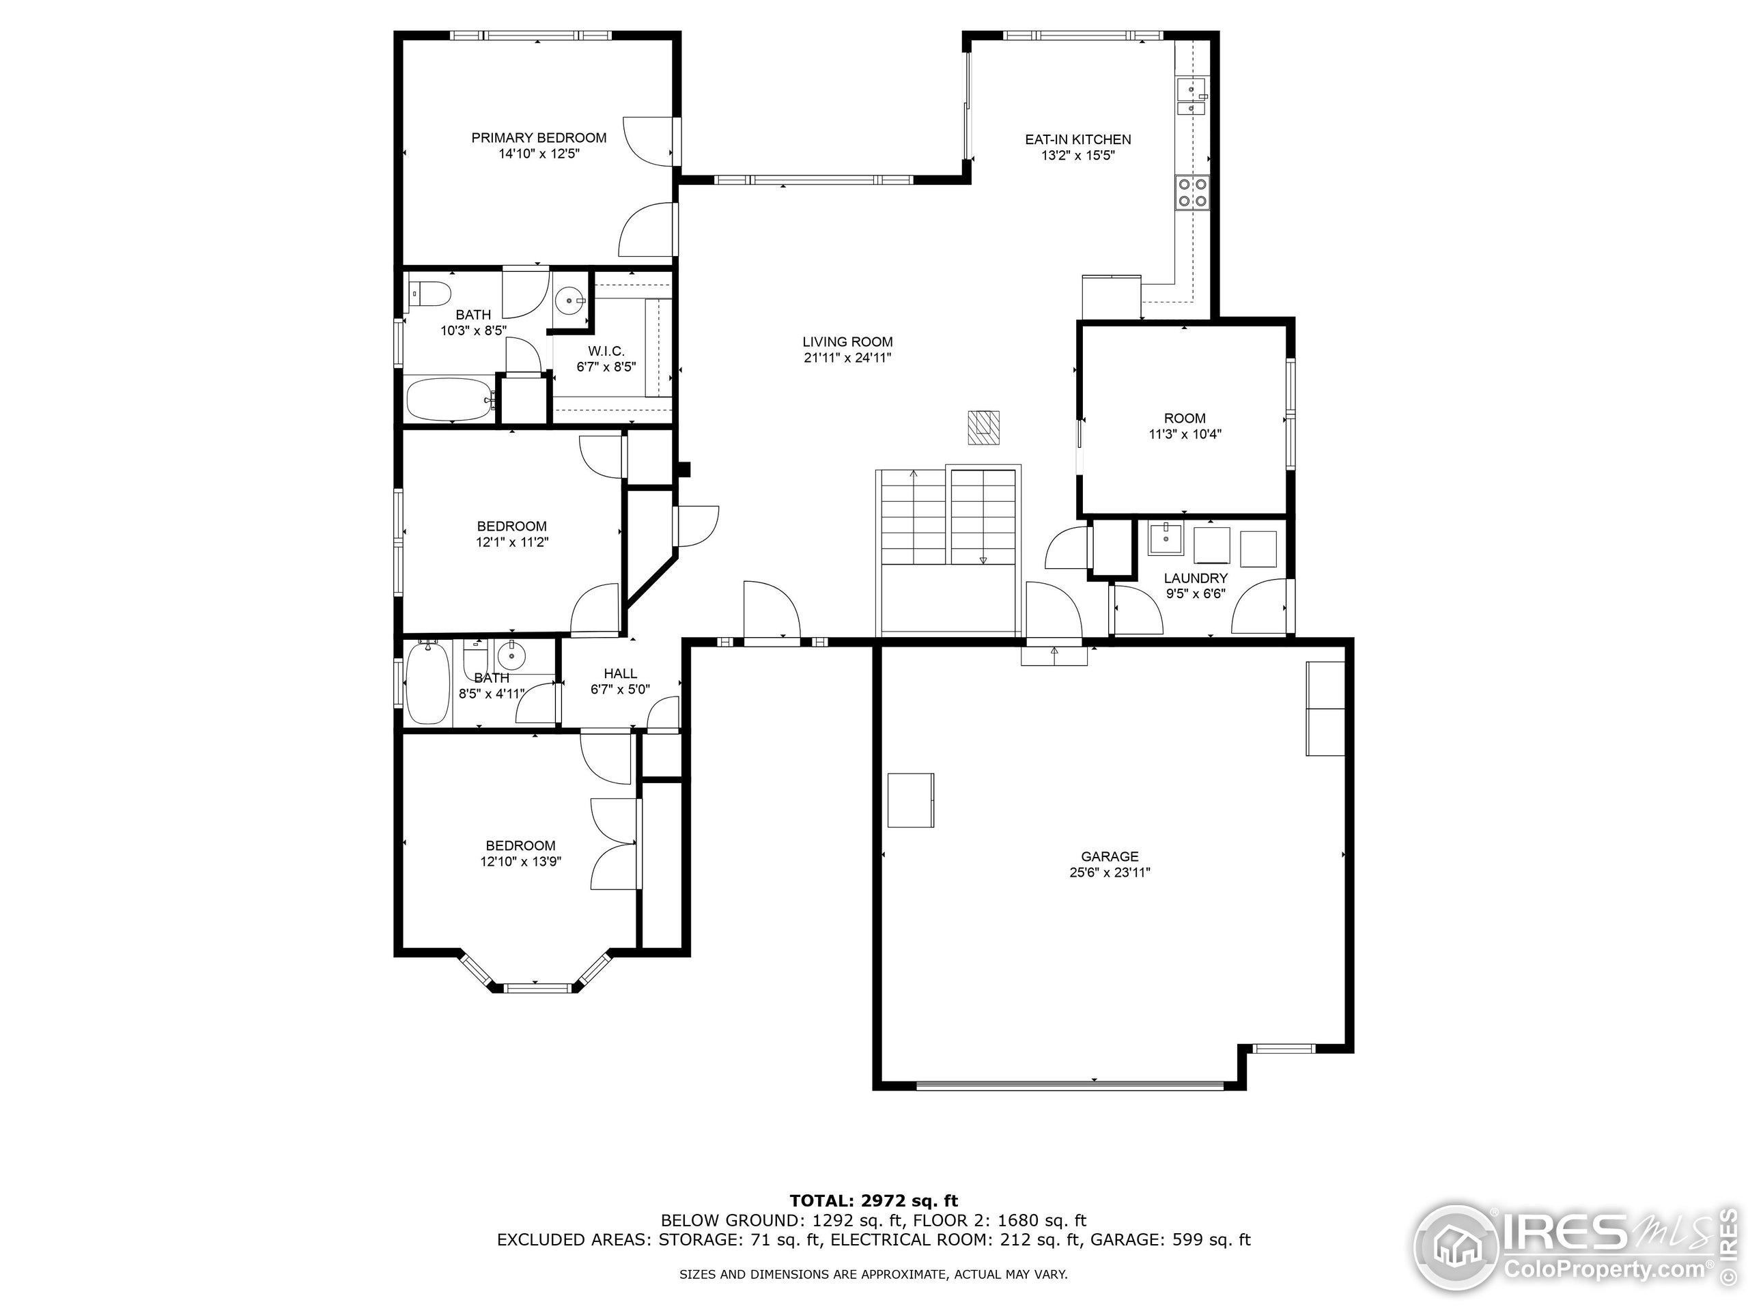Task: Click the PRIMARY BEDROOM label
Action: tap(538, 137)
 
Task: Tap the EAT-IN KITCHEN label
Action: tap(1078, 139)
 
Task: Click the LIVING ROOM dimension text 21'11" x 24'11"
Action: tap(847, 358)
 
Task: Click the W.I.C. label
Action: tap(606, 351)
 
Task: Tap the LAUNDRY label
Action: tap(1195, 578)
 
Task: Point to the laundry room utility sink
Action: tap(1166, 539)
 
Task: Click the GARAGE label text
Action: tap(1110, 856)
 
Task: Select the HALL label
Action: tap(620, 673)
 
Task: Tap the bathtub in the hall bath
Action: tap(427, 683)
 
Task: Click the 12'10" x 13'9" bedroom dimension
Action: tap(521, 861)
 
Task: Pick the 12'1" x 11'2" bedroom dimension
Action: tap(511, 542)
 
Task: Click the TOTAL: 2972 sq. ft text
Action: tap(873, 1201)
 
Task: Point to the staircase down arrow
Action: tap(983, 561)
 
